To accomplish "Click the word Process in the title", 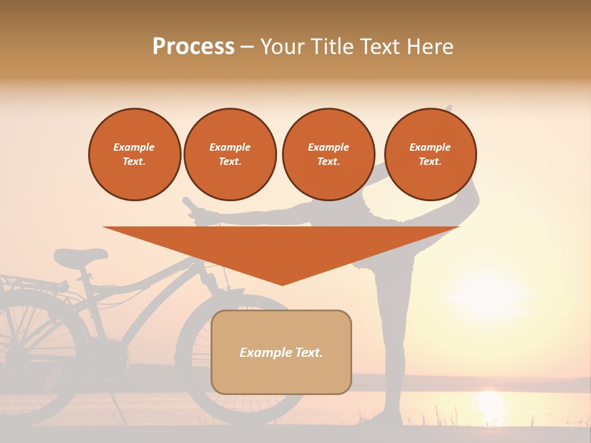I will coord(193,47).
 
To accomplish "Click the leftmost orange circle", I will coord(134,154).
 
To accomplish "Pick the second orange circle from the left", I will coord(230,154).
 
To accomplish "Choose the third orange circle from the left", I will coord(328,154).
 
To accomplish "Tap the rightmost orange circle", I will coord(430,154).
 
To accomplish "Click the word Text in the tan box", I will coord(302,353).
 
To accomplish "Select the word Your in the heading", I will coord(284,47).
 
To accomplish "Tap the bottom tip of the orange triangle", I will coord(282,284).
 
